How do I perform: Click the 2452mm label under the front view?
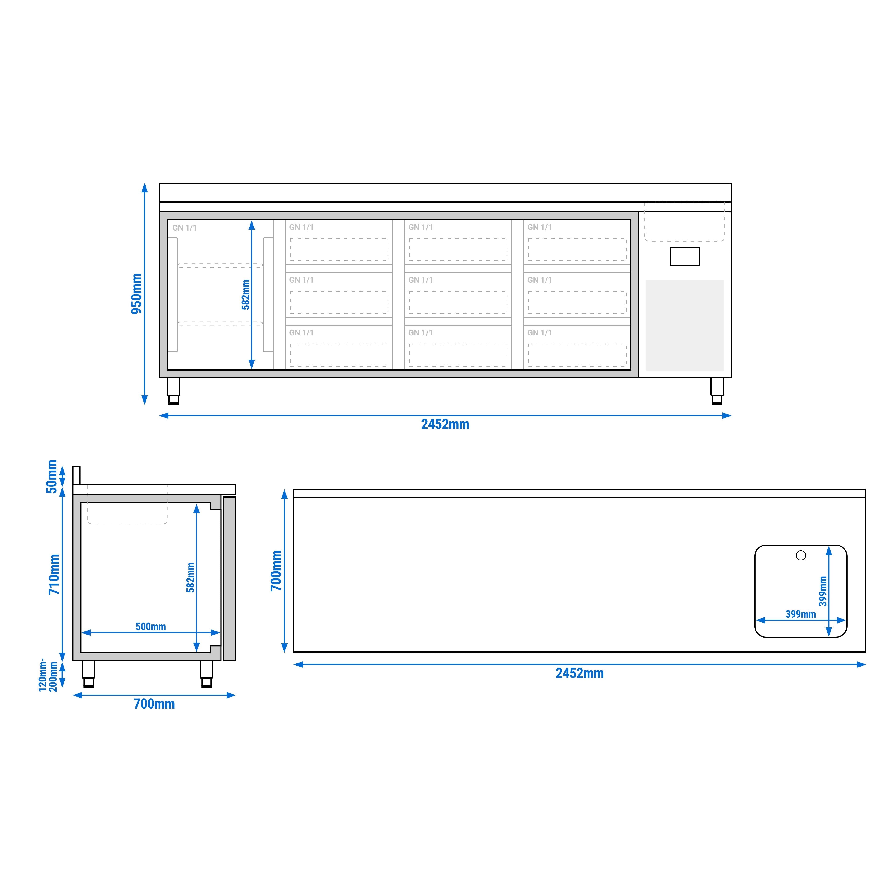[445, 424]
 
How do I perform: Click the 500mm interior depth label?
[150, 626]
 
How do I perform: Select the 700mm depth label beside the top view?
[276, 571]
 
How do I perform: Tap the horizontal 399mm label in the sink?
[800, 614]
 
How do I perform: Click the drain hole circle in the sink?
[800, 555]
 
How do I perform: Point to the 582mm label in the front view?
[246, 295]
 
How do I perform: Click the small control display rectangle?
[684, 256]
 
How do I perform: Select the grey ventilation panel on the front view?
[684, 325]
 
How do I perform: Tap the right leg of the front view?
[717, 391]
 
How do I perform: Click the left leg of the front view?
[173, 391]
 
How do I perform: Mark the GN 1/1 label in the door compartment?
[184, 228]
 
